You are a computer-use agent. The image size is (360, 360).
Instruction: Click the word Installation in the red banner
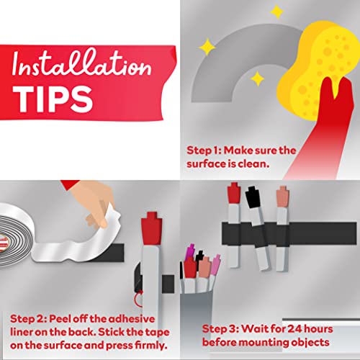coord(81,63)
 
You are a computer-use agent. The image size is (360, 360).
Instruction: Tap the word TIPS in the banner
coord(53,99)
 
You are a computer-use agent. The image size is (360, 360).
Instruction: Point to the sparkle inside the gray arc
coord(257,78)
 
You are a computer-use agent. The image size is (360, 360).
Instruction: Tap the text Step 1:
coord(204,150)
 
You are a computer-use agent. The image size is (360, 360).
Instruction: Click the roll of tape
coord(16,234)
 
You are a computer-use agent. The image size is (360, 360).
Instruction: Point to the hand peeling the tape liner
coord(92,202)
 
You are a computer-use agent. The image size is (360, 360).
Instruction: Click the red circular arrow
coord(138,298)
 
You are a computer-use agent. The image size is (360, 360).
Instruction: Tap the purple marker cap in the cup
coord(189,252)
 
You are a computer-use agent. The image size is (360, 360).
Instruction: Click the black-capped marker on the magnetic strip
coord(257,228)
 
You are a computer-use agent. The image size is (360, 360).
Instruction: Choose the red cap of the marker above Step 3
coord(234,193)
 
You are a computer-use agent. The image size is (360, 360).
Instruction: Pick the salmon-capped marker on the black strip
coord(282,228)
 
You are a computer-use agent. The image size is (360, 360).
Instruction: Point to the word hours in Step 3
coord(318,329)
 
